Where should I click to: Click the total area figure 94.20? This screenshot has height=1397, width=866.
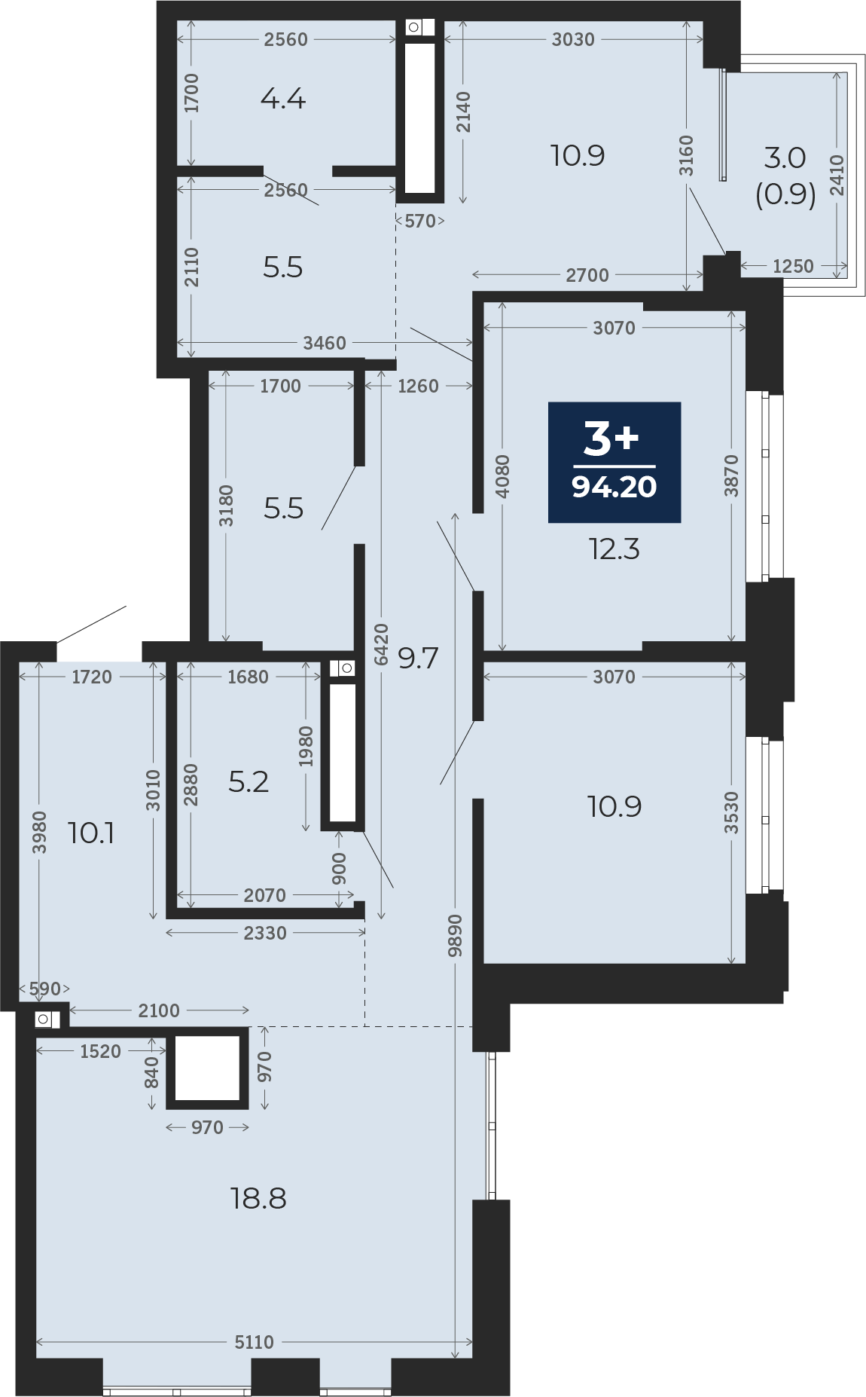coord(614,487)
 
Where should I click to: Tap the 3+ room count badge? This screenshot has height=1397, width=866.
coord(611,439)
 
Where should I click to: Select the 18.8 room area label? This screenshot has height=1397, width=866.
coord(258,1198)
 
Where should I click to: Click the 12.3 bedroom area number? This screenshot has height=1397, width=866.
coord(614,549)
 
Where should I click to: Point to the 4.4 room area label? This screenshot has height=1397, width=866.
coord(283,99)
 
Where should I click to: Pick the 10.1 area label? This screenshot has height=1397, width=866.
coord(91,833)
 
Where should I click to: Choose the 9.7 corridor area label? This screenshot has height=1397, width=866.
coord(418,659)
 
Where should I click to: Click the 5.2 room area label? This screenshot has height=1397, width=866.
coord(249,782)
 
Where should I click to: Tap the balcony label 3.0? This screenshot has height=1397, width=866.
coord(785,157)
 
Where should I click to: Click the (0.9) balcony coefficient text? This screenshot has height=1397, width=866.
coord(785,194)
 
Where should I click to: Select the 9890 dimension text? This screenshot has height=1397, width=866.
coord(455,935)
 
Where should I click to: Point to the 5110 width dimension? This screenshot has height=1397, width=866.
coord(255,1342)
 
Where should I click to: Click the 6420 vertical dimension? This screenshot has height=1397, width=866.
coord(382,644)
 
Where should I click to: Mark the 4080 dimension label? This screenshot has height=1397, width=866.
coord(502,475)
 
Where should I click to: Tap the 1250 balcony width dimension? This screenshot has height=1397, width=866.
coord(793,266)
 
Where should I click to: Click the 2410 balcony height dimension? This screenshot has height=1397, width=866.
coord(837,175)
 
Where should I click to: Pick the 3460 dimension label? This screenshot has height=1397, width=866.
coord(325,343)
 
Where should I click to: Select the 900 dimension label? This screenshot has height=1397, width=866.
coord(340,869)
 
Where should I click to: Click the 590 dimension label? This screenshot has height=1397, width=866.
coord(44,989)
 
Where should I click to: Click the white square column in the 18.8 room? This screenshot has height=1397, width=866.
coord(207,1068)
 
